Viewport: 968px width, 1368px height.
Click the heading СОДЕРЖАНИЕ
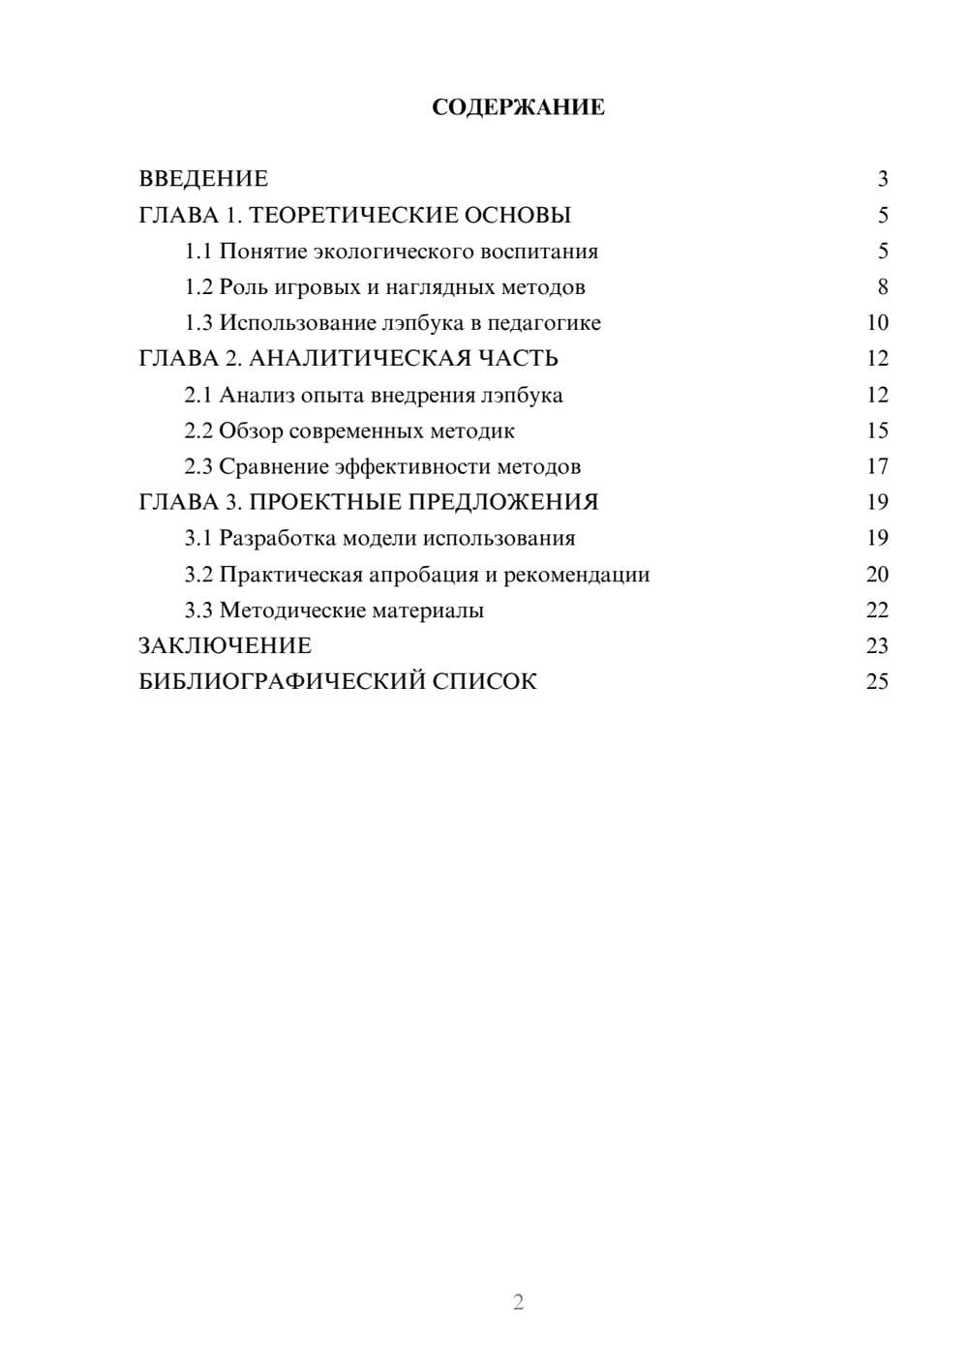[518, 107]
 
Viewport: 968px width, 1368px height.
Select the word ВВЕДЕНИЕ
[203, 179]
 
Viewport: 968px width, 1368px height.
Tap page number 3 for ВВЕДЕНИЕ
[882, 179]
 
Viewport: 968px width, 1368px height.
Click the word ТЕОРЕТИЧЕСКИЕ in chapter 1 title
[350, 215]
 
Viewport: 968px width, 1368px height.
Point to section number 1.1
[197, 252]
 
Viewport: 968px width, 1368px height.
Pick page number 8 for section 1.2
[882, 287]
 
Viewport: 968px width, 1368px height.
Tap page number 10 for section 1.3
[877, 323]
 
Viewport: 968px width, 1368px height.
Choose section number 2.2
[197, 431]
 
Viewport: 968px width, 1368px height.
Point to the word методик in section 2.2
[472, 431]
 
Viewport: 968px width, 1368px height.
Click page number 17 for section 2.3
[877, 466]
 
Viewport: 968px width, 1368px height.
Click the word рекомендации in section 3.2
[576, 575]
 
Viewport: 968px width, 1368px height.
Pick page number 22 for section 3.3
[877, 610]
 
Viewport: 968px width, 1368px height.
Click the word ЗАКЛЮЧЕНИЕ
[225, 646]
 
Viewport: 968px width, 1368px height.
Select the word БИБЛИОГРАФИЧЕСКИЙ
[282, 682]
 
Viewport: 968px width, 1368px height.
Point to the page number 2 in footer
[518, 1302]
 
